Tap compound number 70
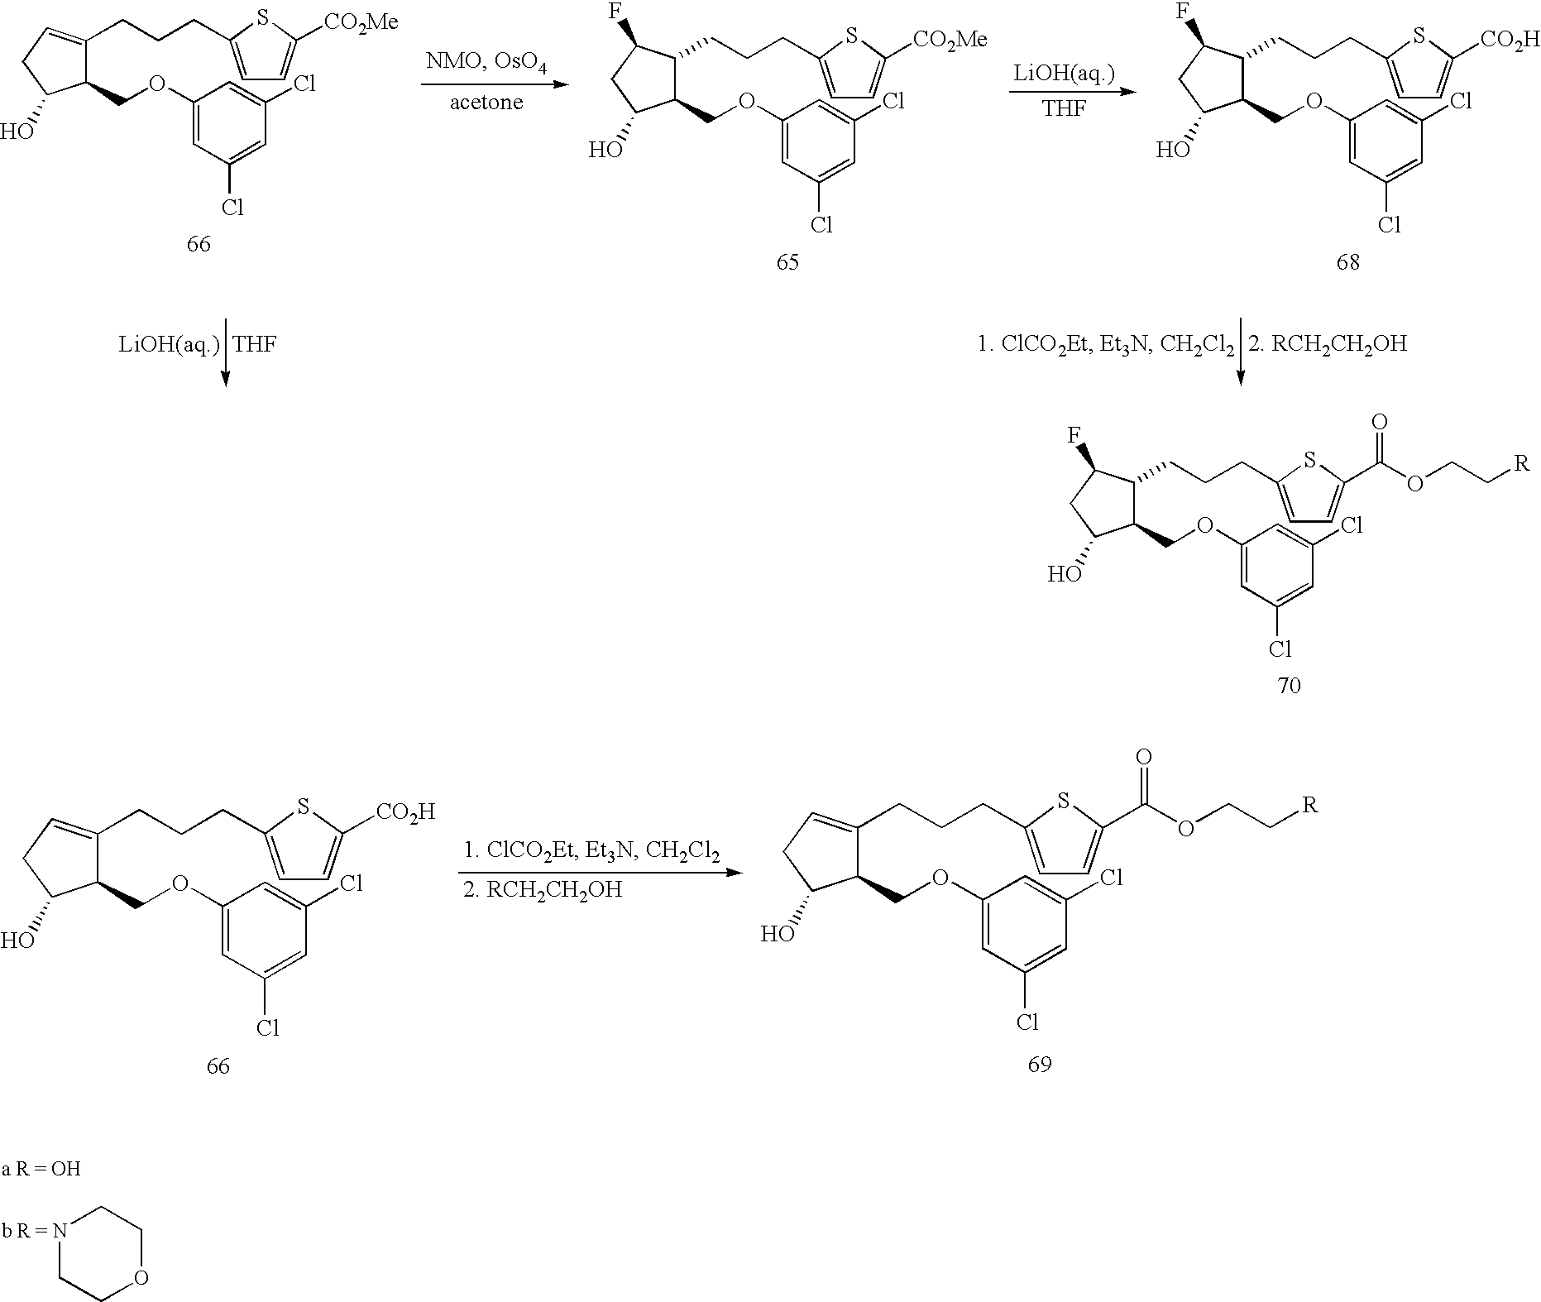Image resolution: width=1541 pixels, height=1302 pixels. [x=1289, y=685]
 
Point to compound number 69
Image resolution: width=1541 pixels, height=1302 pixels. [x=1039, y=1064]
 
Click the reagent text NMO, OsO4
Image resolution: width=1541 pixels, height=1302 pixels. [x=486, y=63]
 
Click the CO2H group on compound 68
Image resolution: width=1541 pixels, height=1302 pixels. [x=1511, y=41]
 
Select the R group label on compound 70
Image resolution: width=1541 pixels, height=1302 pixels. [x=1520, y=463]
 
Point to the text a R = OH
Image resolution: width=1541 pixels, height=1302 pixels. [x=41, y=1169]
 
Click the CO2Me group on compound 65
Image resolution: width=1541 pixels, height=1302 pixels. [x=950, y=41]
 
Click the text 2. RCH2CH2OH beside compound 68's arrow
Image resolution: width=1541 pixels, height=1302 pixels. [x=1327, y=343]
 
